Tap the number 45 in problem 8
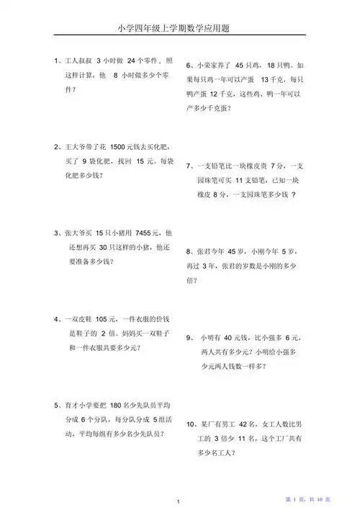click(x=235, y=252)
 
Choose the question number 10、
click(x=194, y=424)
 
